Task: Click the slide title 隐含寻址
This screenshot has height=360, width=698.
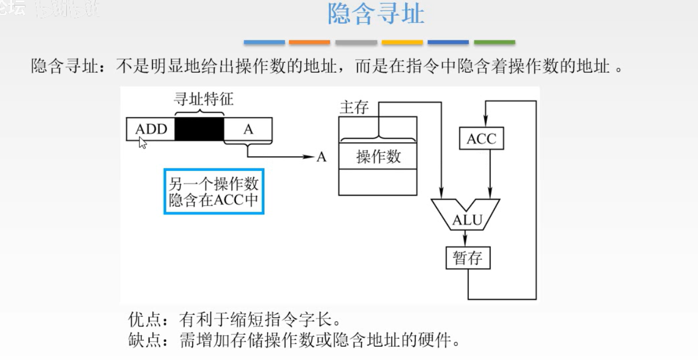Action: point(376,15)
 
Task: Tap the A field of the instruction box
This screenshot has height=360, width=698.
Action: point(248,129)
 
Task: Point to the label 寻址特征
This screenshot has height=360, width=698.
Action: point(203,100)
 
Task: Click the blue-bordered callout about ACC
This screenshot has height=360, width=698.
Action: point(213,191)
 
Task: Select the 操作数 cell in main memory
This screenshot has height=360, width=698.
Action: point(378,156)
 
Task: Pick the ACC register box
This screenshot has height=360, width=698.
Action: point(481,138)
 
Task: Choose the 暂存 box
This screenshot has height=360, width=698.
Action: point(467,259)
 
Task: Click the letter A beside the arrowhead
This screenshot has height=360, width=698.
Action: point(321,157)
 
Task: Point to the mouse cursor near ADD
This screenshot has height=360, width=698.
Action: point(143,143)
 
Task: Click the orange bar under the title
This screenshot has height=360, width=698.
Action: point(310,43)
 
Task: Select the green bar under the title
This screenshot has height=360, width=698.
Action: point(494,43)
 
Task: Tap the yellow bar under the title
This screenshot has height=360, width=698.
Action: point(402,43)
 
